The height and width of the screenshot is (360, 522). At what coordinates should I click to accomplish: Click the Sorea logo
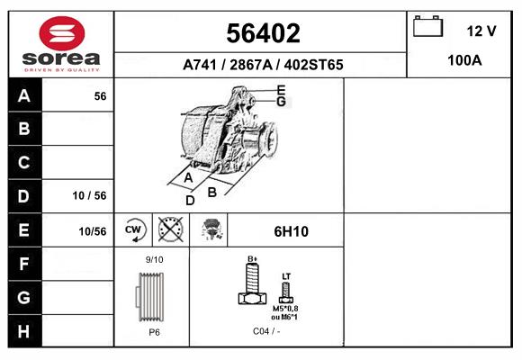point(61,45)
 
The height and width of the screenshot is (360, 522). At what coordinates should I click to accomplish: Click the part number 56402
point(261,33)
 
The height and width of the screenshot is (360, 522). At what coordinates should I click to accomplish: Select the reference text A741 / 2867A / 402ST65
point(262,65)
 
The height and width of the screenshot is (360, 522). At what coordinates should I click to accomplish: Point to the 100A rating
point(464,61)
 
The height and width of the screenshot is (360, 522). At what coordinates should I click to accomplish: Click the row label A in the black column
point(23,96)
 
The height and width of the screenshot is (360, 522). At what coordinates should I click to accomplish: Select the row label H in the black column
point(23,330)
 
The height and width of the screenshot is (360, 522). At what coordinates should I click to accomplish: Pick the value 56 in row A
point(100,96)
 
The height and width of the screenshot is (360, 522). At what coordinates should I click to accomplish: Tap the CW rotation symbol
point(134,230)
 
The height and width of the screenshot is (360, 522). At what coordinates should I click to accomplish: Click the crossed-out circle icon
point(170,230)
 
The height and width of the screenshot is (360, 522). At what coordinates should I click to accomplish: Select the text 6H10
point(290,231)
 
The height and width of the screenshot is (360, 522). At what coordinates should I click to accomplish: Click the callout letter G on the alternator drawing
point(281,102)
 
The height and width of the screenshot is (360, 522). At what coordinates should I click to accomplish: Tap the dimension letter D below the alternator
point(190,200)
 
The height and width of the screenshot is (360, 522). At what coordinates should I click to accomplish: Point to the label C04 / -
point(266,331)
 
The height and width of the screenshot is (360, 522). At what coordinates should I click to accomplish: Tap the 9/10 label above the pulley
point(154,260)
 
